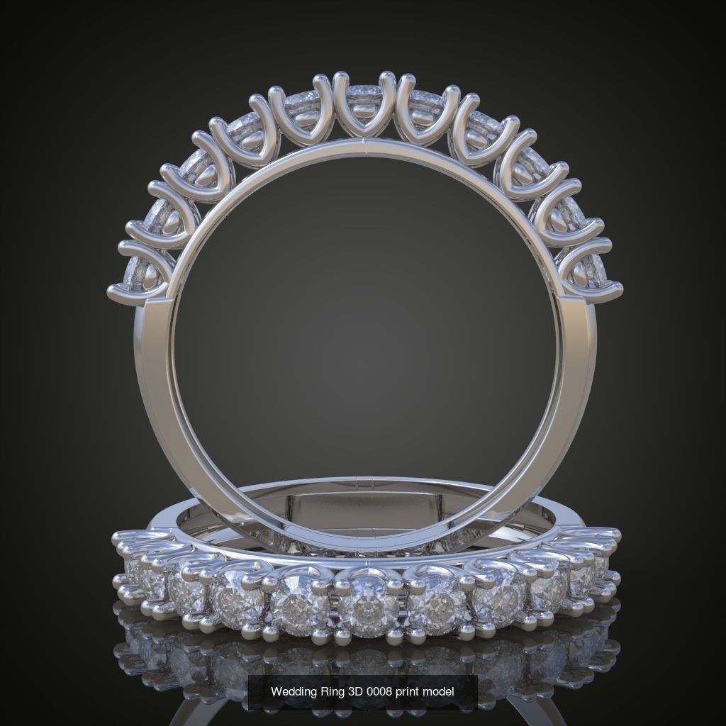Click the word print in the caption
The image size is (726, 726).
click(407, 691)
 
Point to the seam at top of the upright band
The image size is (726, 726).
click(363, 146)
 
